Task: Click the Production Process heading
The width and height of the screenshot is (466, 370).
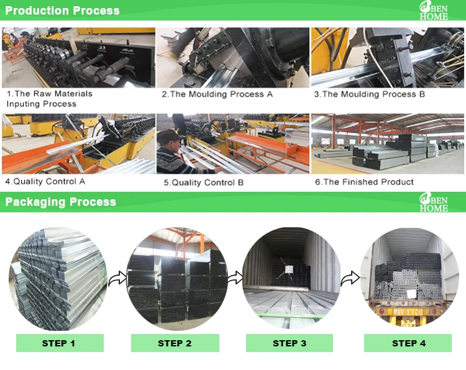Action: click(x=62, y=11)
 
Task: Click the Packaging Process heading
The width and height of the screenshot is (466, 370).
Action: click(x=61, y=202)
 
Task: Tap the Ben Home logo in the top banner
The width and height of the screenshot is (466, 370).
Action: click(x=434, y=11)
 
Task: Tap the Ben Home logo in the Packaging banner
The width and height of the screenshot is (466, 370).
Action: click(x=434, y=202)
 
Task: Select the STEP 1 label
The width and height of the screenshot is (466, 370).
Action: click(x=58, y=343)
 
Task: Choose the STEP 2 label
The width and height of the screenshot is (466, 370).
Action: click(x=175, y=343)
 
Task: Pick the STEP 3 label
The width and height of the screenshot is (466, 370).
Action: click(x=290, y=343)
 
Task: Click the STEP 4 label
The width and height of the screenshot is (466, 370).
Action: click(x=409, y=343)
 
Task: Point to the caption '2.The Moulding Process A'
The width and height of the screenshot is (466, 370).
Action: click(x=217, y=94)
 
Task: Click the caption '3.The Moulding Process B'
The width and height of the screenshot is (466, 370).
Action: click(x=370, y=94)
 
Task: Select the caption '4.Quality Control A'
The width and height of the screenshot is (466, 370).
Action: click(x=45, y=181)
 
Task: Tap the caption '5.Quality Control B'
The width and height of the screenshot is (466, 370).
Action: click(x=204, y=183)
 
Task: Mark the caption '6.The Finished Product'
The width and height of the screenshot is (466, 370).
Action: click(x=364, y=182)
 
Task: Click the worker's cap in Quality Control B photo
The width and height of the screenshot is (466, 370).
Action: click(x=169, y=136)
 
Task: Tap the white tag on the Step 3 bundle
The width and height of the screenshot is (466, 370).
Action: click(x=289, y=269)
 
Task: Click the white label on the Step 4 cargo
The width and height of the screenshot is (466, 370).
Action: click(x=411, y=294)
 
